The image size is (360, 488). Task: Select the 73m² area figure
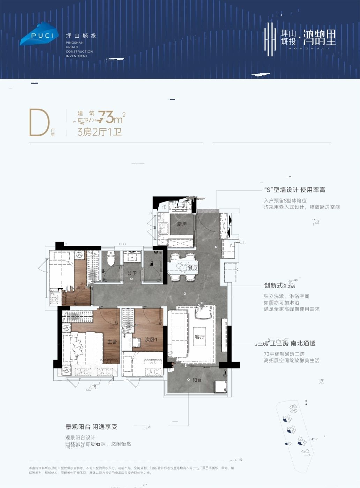click(x=111, y=117)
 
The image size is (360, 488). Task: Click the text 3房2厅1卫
click(x=99, y=132)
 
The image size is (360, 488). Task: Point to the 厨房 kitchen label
click(x=182, y=224)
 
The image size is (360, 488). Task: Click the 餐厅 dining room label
click(x=193, y=268)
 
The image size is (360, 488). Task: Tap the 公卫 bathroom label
click(x=132, y=273)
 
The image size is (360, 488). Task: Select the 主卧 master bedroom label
click(x=112, y=342)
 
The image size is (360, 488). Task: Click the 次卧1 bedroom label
click(x=151, y=340)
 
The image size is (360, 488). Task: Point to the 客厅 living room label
click(x=200, y=337)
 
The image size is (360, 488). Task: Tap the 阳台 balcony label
click(x=197, y=380)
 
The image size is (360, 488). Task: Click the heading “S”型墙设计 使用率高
click(x=295, y=190)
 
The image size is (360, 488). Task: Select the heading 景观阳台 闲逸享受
click(x=91, y=427)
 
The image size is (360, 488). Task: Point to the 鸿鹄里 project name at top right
click(x=320, y=38)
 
